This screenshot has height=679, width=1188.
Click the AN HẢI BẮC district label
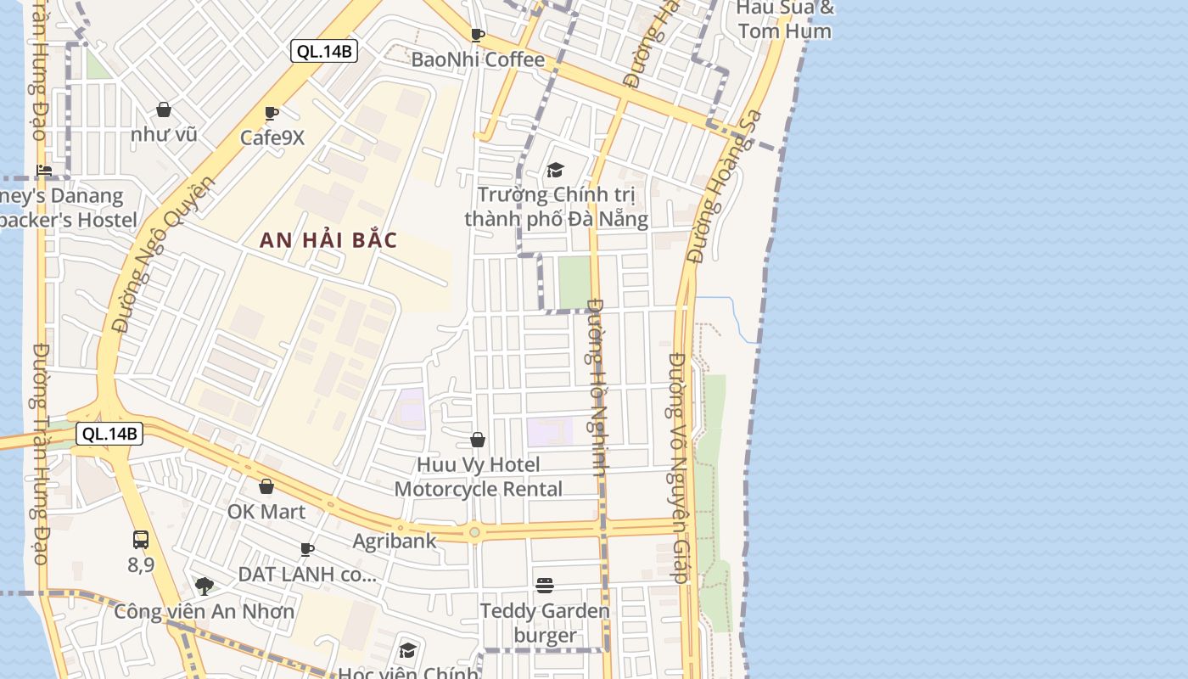[x=328, y=240]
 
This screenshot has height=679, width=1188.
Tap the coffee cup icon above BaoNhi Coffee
[x=478, y=35]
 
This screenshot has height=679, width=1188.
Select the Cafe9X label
[x=272, y=137]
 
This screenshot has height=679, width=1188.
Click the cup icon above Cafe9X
[x=272, y=113]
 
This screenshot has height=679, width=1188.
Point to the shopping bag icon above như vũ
[x=164, y=109]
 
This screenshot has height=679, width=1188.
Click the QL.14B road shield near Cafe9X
[x=324, y=51]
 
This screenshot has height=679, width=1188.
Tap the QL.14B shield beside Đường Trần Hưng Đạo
[x=109, y=435]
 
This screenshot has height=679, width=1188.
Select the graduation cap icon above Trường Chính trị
[x=555, y=170]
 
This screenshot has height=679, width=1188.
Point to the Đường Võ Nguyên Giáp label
[x=677, y=467]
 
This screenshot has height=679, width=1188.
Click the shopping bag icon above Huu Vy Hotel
[x=478, y=440]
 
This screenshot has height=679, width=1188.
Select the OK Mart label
[x=266, y=512]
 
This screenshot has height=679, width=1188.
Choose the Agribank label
[x=395, y=541]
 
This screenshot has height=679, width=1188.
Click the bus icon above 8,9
[x=141, y=539]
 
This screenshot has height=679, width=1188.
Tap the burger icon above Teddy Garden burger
[x=545, y=586]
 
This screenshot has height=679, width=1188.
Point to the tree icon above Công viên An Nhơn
[x=204, y=586]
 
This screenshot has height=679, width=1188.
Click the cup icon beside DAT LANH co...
[x=307, y=550]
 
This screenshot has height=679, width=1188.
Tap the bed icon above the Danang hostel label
[x=44, y=171]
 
